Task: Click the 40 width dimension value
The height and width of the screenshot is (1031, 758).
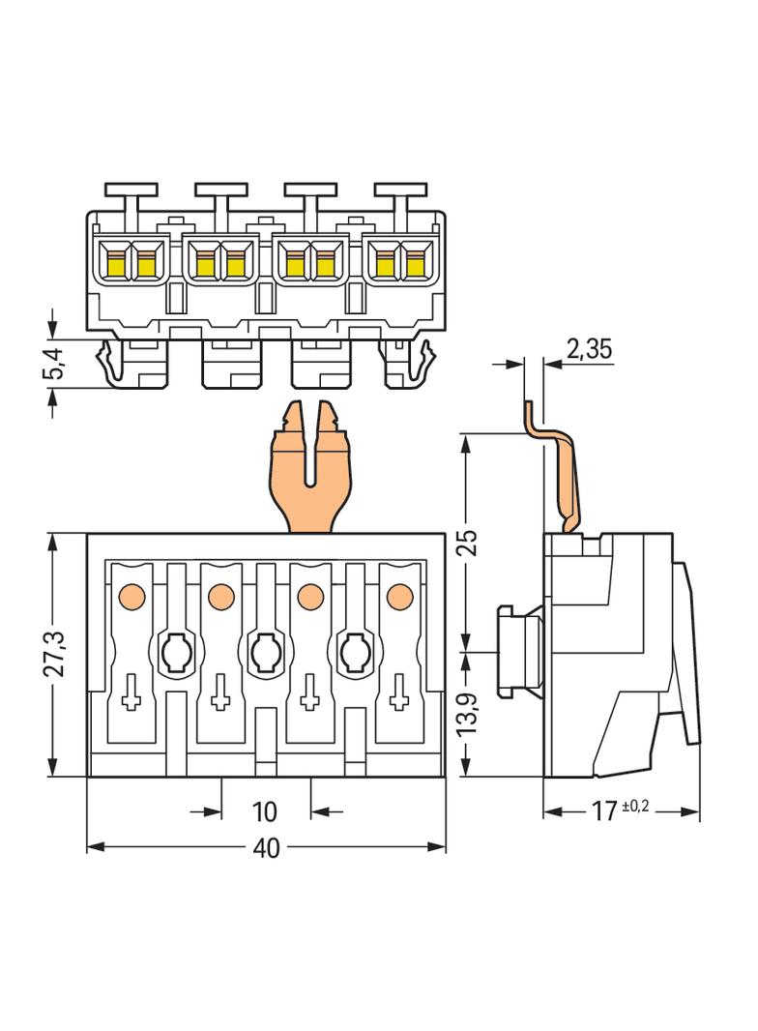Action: pyautogui.click(x=266, y=848)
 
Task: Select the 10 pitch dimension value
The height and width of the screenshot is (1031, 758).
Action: pyautogui.click(x=264, y=810)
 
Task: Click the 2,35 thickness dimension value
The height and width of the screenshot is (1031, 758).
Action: pyautogui.click(x=589, y=350)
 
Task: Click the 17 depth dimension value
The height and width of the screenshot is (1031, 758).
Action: pyautogui.click(x=604, y=810)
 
